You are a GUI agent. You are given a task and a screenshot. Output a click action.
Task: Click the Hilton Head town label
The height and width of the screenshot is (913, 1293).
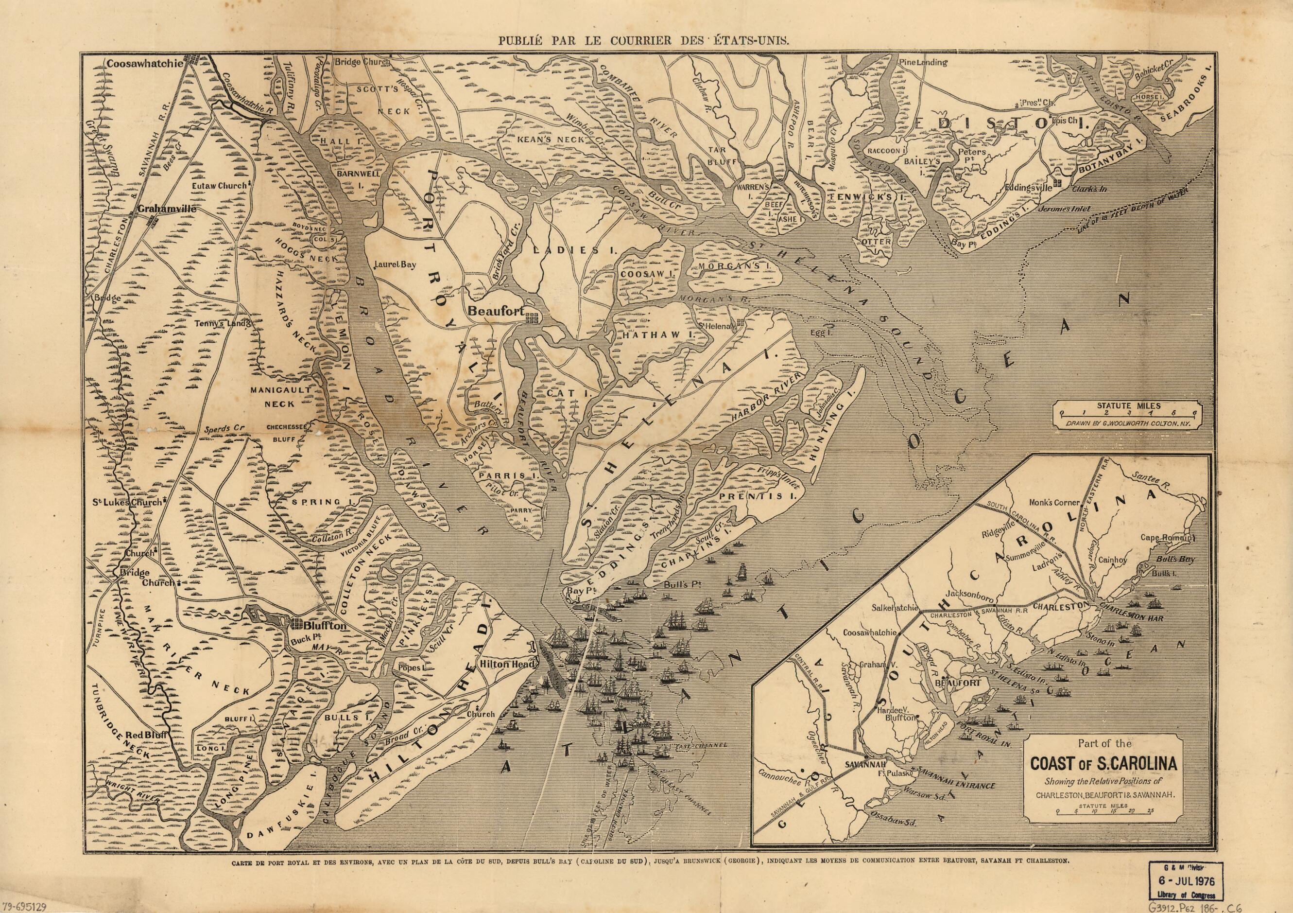click(x=502, y=665)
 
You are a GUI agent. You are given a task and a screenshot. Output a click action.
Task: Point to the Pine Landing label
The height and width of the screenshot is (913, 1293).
click(x=923, y=63)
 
